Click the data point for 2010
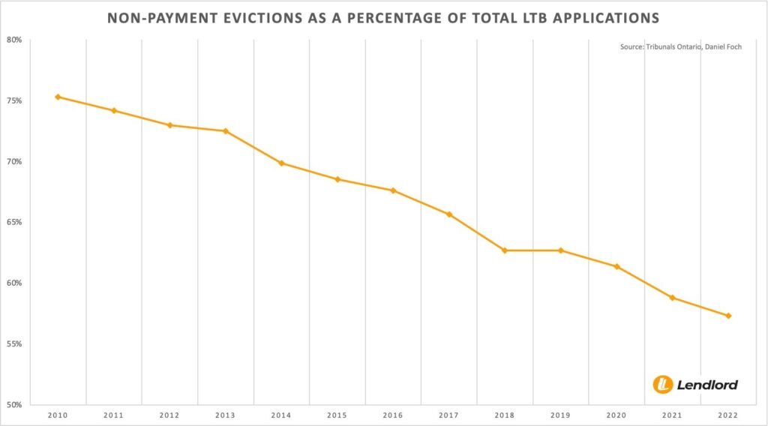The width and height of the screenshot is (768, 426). click(58, 97)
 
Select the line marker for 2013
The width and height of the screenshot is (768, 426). click(226, 131)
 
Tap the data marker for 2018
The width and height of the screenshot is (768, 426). click(505, 250)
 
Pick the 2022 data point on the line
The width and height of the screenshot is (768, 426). click(728, 316)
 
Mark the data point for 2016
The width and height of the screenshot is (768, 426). click(393, 190)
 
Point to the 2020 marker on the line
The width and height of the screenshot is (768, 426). click(616, 267)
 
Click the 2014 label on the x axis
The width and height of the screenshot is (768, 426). click(281, 415)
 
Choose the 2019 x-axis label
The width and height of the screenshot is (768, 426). click(560, 415)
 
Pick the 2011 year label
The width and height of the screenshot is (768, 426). click(114, 415)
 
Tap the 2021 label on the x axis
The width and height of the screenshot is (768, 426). click(672, 415)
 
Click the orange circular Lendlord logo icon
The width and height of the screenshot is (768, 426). click(662, 384)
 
